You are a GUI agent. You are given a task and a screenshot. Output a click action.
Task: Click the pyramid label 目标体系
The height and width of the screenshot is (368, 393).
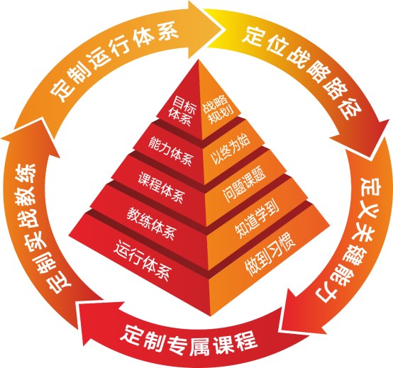pos(182,111)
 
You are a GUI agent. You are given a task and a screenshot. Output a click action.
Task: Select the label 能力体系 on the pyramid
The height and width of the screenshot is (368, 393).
pos(170,150)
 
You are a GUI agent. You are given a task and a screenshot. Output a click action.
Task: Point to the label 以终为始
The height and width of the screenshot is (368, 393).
pos(230,149)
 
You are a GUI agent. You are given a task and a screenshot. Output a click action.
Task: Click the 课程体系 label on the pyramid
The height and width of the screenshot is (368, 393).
pos(161,187)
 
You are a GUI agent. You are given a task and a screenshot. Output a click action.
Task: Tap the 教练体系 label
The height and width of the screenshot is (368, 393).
pos(151,223)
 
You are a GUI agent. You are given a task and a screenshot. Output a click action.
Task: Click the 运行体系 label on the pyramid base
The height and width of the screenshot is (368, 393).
pos(143,260)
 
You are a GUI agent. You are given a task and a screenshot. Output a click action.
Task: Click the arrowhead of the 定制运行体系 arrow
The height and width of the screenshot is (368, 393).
pos(204,30)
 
